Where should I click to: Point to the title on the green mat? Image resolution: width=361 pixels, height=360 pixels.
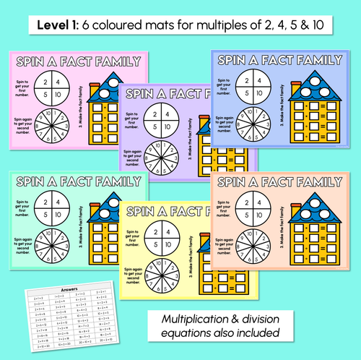click(71, 181)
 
